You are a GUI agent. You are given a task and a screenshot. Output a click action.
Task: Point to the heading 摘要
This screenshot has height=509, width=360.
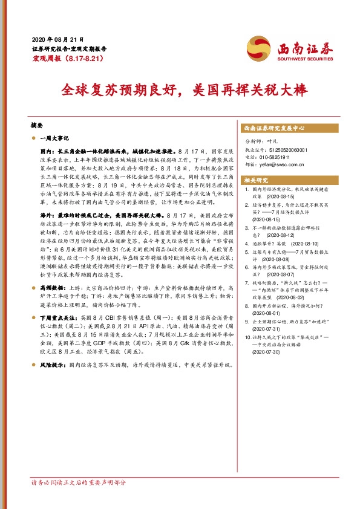point(37,125)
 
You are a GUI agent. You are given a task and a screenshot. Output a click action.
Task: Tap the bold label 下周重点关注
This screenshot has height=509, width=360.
point(58,317)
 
